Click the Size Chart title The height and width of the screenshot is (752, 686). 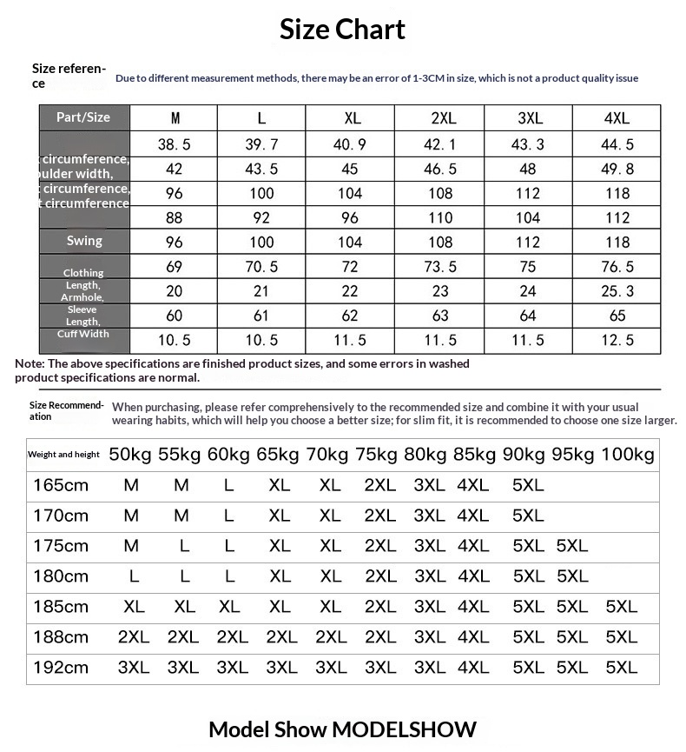tap(342, 30)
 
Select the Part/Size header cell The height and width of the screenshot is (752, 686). tap(83, 116)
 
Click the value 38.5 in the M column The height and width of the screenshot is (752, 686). tap(175, 144)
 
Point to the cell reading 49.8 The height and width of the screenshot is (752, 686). tap(617, 169)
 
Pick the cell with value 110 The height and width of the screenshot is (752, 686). tap(439, 217)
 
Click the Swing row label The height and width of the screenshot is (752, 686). tap(84, 241)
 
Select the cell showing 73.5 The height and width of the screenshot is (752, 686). tap(439, 267)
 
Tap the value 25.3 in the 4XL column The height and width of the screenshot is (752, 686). tap(617, 291)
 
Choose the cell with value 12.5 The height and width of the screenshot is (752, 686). tap(617, 340)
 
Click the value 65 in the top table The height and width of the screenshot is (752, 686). tap(617, 316)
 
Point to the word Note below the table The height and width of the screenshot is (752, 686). tap(30, 363)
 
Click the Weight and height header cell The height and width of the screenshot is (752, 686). tap(63, 454)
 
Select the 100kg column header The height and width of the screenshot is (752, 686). tap(628, 454)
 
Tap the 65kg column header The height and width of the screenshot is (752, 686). tap(278, 454)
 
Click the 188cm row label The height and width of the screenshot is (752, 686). tap(61, 637)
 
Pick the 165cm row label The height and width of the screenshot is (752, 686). tap(61, 485)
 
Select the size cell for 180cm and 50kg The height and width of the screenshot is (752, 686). tap(134, 576)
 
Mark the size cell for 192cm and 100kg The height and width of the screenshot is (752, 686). tap(622, 668)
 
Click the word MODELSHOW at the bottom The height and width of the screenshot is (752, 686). tap(405, 729)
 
